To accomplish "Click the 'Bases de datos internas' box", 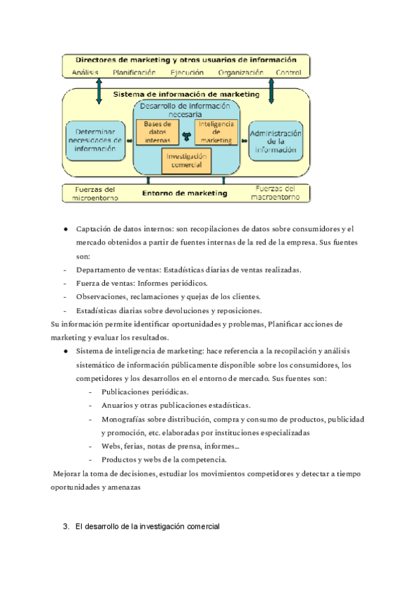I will point(157,132).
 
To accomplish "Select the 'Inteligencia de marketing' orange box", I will point(216,132).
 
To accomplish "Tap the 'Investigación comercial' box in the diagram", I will point(186,160).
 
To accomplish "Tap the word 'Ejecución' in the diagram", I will point(187,72).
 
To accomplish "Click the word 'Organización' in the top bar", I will point(241,72).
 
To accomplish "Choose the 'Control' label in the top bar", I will point(288,72).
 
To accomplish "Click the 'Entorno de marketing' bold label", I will point(185,193).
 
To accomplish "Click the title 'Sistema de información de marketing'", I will point(185,94).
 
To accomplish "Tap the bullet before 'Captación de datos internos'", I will point(65,229).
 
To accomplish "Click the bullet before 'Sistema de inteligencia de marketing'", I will point(65,351).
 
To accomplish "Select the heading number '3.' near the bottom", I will point(66,526).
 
